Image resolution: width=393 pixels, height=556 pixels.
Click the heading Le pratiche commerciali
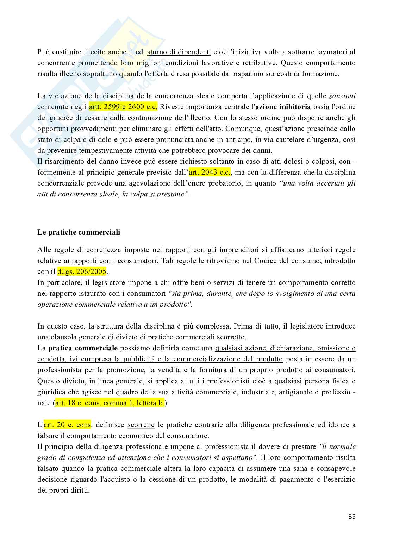(x=79, y=232)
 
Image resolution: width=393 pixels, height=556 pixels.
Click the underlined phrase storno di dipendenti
(x=179, y=52)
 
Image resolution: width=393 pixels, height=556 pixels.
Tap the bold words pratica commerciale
(x=83, y=348)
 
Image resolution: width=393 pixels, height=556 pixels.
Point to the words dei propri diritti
(x=63, y=490)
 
